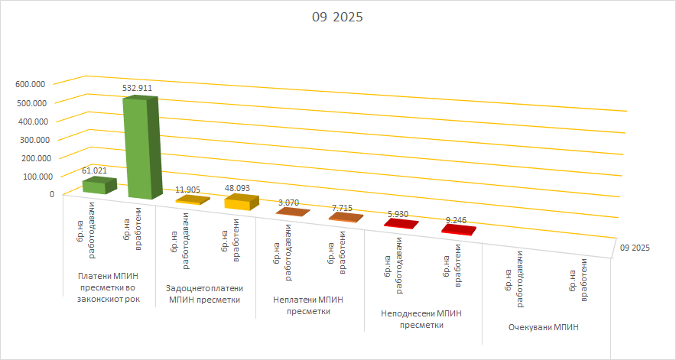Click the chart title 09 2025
pos(336,18)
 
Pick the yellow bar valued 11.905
pos(193,199)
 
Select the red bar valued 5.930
pos(401,224)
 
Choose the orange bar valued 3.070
pos(292,212)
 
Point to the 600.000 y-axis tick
pos(30,84)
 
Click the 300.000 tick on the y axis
pos(30,139)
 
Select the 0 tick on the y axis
pos(52,194)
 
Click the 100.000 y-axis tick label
pos(30,176)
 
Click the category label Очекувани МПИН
pos(543,327)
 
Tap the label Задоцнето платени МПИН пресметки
pos(204,294)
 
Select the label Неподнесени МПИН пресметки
pos(423,319)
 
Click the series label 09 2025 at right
pos(635,248)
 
